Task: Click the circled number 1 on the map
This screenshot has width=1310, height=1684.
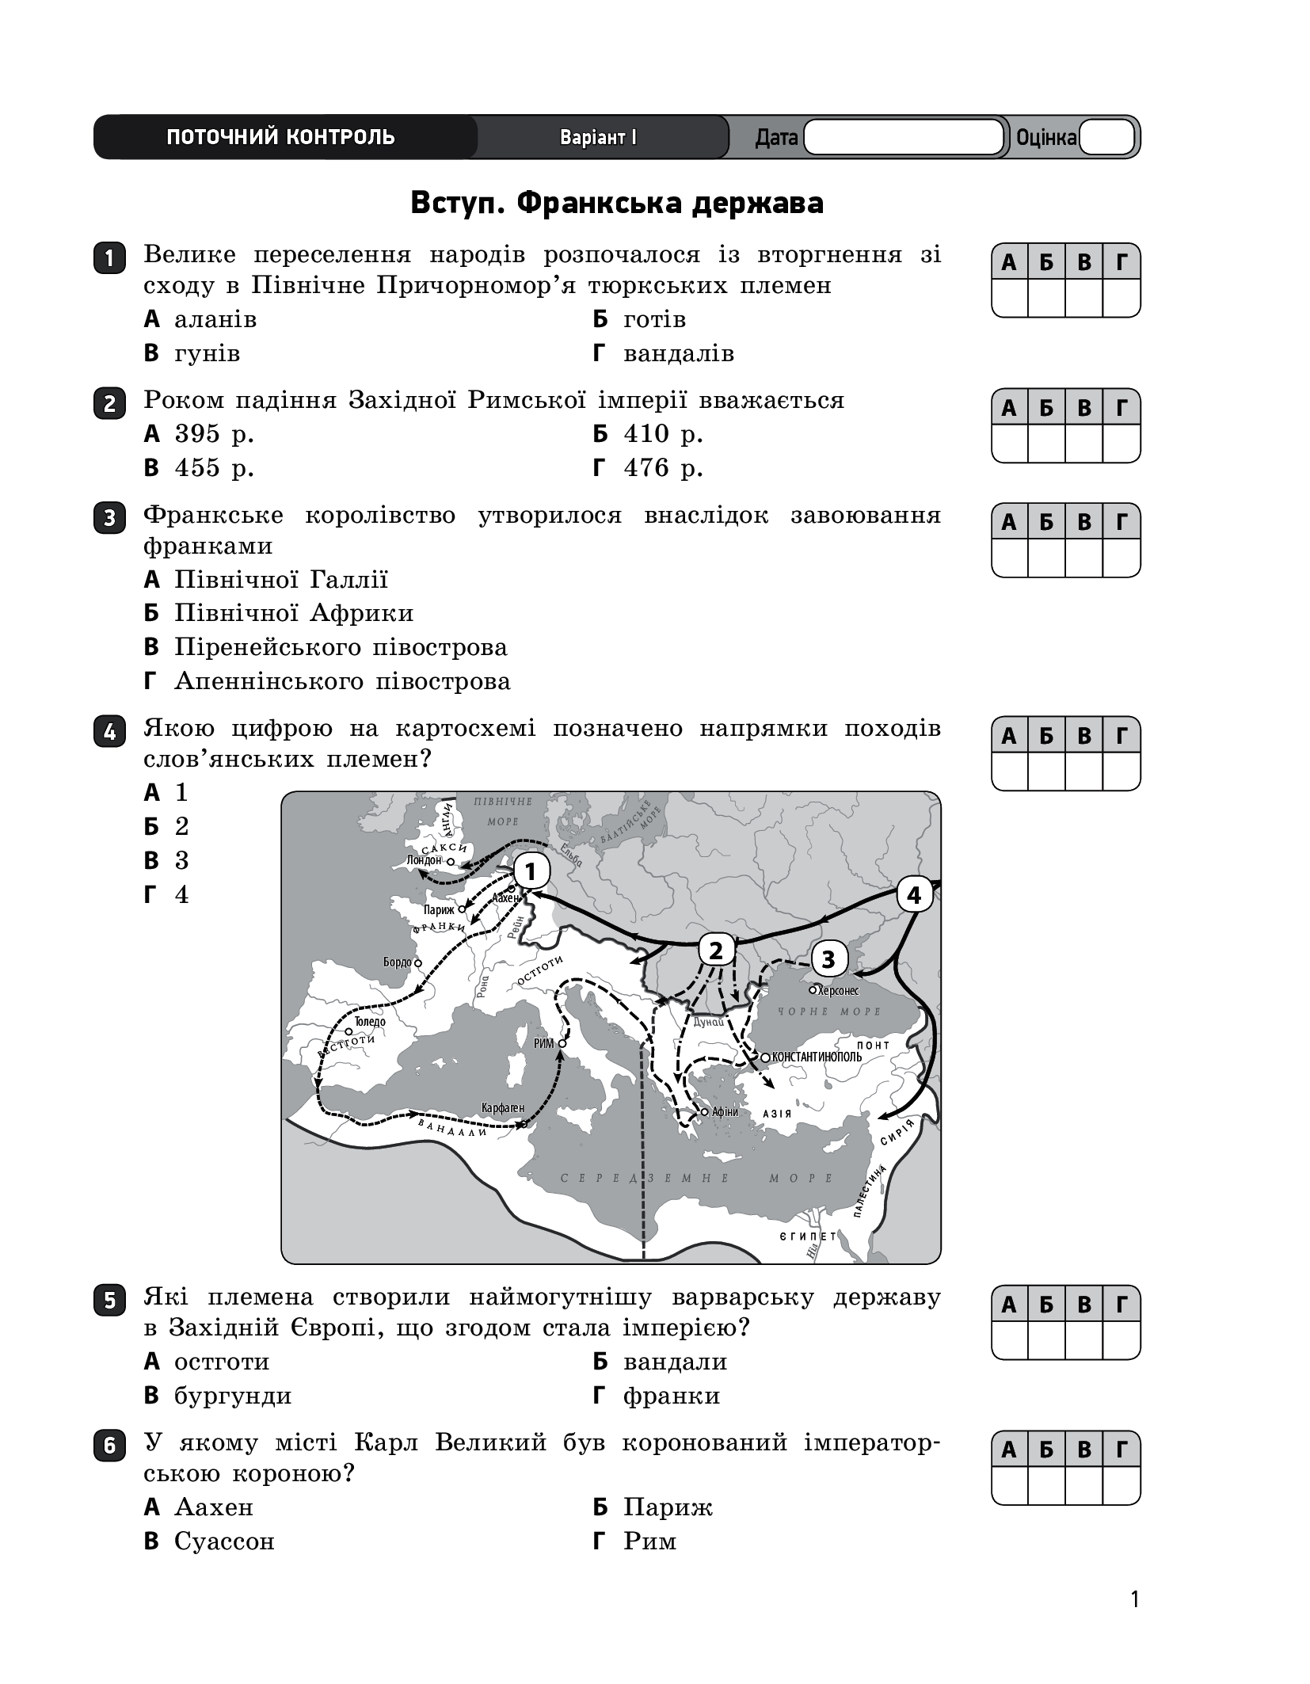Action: [x=531, y=872]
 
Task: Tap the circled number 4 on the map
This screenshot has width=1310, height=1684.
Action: [x=914, y=896]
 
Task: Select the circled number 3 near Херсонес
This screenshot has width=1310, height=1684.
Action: [x=828, y=960]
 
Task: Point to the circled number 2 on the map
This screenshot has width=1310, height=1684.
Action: [x=716, y=950]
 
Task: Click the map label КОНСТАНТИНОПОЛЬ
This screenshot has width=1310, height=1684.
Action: [x=817, y=1057]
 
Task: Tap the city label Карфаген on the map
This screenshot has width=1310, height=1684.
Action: [x=503, y=1107]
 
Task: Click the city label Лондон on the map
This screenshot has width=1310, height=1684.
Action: [x=423, y=860]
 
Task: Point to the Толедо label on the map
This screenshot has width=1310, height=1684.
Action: [x=370, y=1022]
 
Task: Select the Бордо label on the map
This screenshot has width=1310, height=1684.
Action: [x=398, y=962]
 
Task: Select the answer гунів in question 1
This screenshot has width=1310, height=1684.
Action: [x=207, y=353]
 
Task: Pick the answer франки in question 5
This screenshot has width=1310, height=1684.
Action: [x=671, y=1396]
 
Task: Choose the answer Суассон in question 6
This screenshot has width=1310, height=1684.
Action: [x=224, y=1541]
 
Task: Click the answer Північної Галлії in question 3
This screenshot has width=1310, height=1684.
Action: [x=281, y=580]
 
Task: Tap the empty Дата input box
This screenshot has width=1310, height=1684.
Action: [x=904, y=137]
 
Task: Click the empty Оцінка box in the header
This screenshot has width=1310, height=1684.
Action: [x=1106, y=137]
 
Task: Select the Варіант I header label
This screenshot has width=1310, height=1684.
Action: [x=598, y=138]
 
